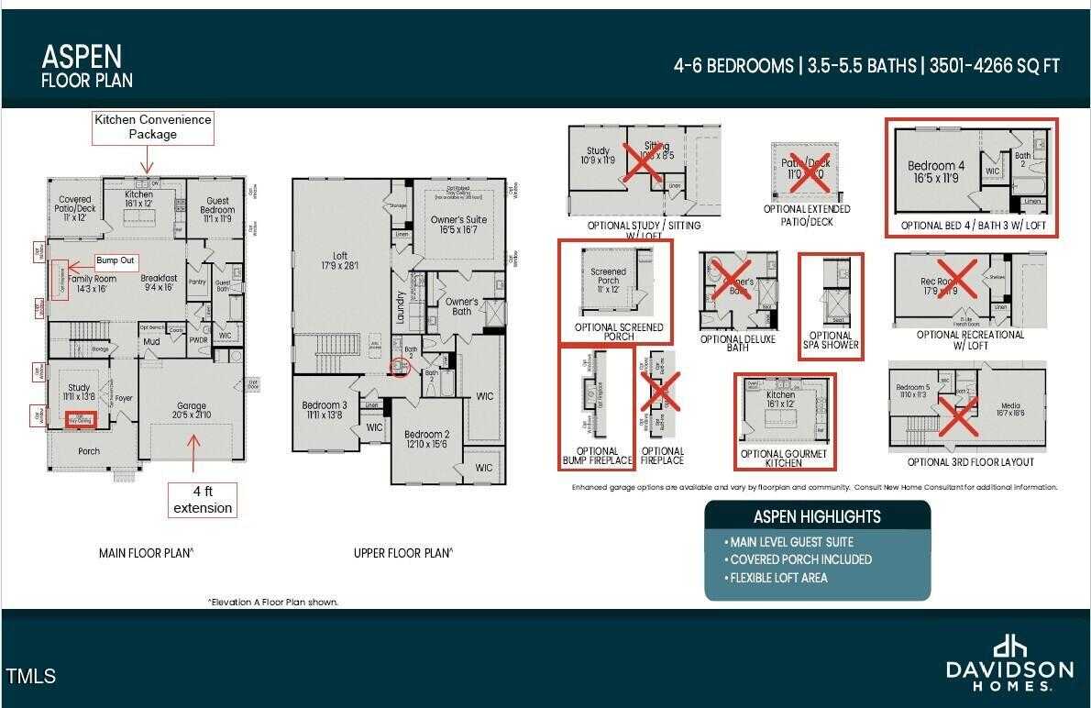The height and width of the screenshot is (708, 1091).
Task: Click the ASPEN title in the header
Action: [82, 57]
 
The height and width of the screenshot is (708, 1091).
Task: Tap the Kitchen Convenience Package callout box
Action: [152, 127]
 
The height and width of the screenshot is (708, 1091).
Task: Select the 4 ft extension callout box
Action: [203, 500]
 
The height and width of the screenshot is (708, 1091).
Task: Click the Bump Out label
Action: [116, 260]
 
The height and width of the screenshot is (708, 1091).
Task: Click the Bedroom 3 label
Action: [325, 410]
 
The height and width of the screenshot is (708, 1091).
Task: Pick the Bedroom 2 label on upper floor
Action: [426, 439]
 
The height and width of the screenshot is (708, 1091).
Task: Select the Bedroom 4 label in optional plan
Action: [936, 171]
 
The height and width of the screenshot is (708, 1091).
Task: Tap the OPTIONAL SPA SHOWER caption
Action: [831, 340]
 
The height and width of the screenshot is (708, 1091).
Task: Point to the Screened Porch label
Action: [608, 276]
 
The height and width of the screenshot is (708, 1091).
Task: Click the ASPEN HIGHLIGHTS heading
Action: [817, 516]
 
